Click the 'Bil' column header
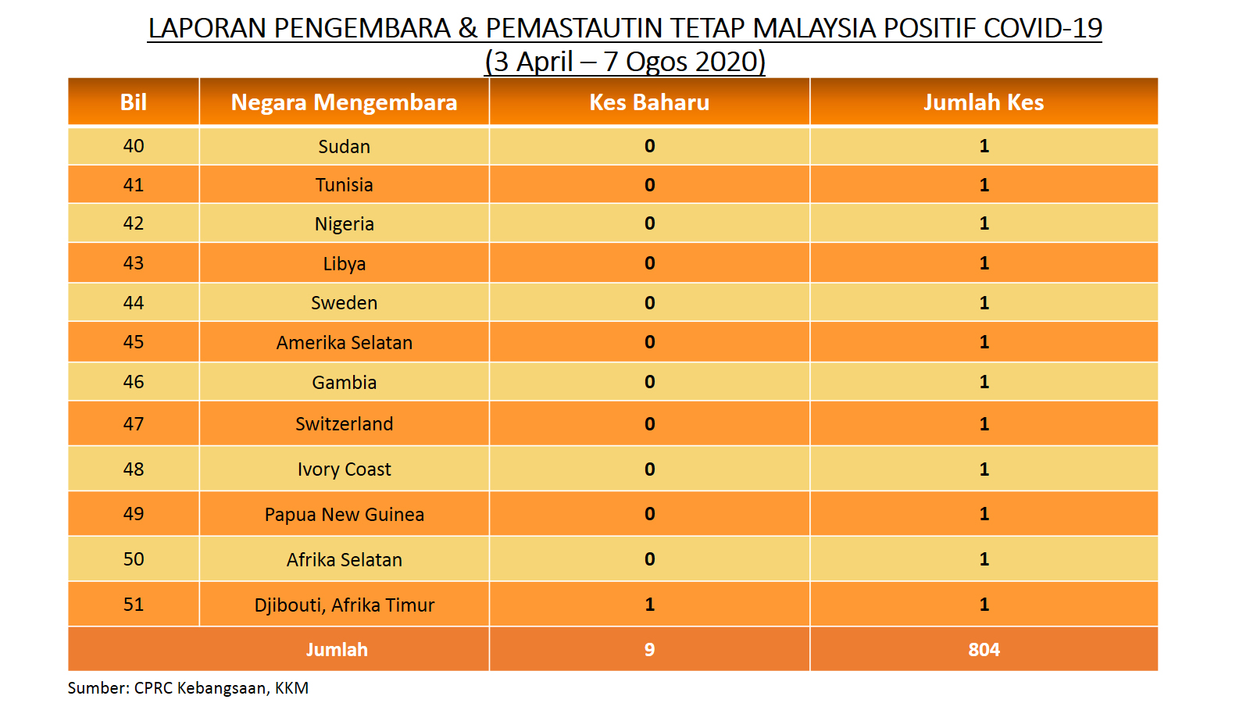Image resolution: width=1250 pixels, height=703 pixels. tap(134, 102)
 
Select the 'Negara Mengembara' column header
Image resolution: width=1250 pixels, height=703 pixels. tap(344, 102)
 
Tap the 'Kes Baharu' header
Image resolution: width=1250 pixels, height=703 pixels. tap(649, 102)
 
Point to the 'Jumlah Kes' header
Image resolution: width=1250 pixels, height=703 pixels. tap(984, 102)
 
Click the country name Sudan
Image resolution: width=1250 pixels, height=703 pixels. tap(344, 146)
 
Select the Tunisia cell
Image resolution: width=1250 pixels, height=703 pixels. tap(344, 184)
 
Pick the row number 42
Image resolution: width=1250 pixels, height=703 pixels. tap(134, 223)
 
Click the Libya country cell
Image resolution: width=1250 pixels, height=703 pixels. tap(344, 263)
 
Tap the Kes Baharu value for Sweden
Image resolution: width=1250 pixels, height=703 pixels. tap(649, 302)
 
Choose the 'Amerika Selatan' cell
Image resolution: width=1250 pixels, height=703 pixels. tap(344, 342)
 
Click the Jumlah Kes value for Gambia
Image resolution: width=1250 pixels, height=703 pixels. tap(984, 382)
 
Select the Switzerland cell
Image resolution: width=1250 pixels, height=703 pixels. tap(344, 424)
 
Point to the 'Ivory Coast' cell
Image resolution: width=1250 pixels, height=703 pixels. tap(344, 469)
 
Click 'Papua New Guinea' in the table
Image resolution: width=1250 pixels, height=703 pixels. tap(344, 514)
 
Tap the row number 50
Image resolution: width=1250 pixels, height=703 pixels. tap(134, 559)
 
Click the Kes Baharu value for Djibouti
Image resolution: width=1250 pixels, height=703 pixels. tap(649, 605)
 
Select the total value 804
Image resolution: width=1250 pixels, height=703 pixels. tap(984, 649)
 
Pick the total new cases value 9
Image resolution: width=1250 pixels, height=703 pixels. tap(649, 649)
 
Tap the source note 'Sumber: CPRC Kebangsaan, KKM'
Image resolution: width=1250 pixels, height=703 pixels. tap(188, 688)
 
